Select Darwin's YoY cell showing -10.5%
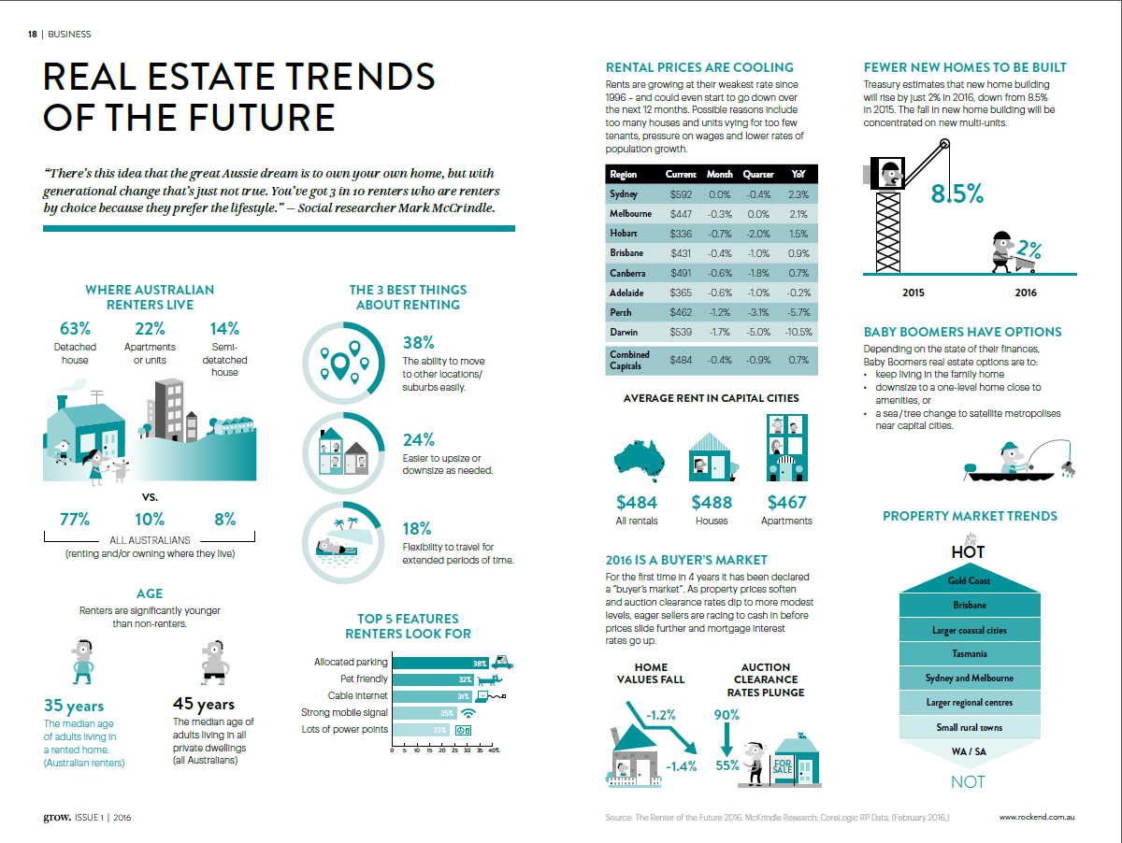pyautogui.click(x=798, y=332)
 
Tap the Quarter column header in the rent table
pyautogui.click(x=758, y=175)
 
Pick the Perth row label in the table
pyautogui.click(x=621, y=312)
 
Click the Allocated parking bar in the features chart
pyautogui.click(x=440, y=663)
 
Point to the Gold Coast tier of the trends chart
pyautogui.click(x=968, y=581)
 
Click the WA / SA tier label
pyautogui.click(x=968, y=751)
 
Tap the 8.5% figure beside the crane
pyautogui.click(x=957, y=194)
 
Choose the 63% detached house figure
pyautogui.click(x=75, y=329)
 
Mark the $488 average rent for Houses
pyautogui.click(x=712, y=503)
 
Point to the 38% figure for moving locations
pyautogui.click(x=418, y=342)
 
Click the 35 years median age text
pyautogui.click(x=74, y=706)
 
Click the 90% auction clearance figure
pyautogui.click(x=726, y=715)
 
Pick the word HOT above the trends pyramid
pyautogui.click(x=968, y=551)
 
